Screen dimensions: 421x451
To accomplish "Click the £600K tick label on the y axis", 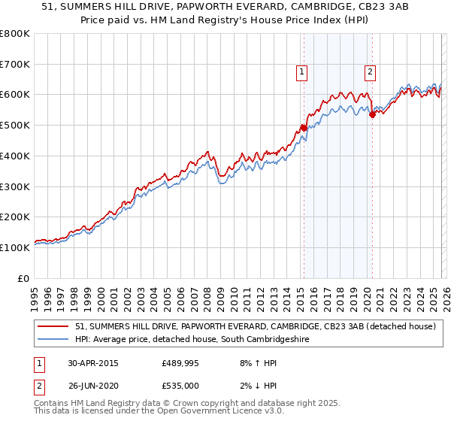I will point(15,95).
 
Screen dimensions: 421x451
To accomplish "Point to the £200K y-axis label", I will point(15,217).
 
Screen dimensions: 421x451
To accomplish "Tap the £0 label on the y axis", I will point(23,278).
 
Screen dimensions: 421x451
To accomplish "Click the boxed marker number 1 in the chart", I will point(301,73).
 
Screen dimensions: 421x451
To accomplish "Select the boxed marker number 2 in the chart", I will point(371,73).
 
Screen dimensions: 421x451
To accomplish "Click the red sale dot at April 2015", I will point(304,128).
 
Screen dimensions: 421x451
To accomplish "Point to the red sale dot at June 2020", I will point(372,114).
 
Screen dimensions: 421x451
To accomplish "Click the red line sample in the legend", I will point(54,326).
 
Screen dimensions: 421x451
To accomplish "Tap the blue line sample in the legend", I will point(54,340).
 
